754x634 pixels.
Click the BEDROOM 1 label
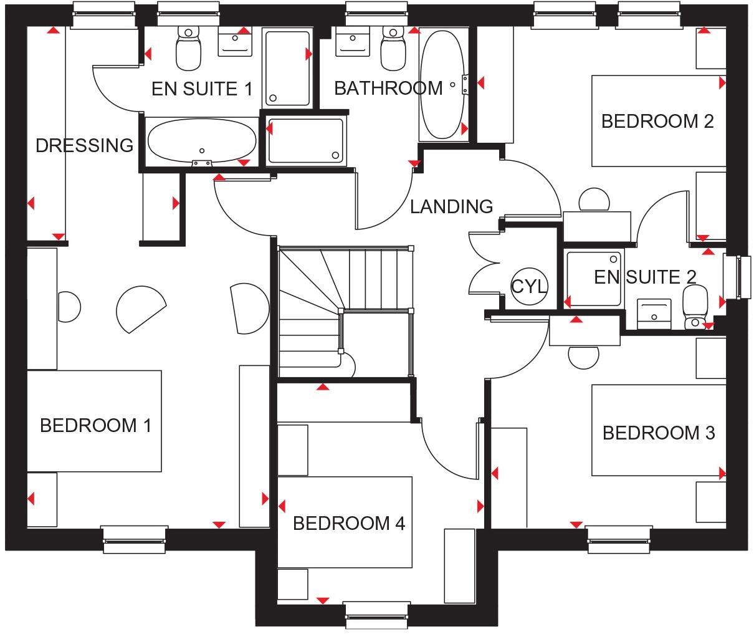click(x=95, y=426)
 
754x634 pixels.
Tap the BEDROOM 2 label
click(x=657, y=121)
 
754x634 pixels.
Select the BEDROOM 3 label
click(x=659, y=433)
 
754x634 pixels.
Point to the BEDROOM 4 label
click(x=349, y=523)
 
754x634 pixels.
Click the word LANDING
click(x=452, y=206)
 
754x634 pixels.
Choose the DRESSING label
click(x=84, y=146)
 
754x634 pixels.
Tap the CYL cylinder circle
click(x=529, y=286)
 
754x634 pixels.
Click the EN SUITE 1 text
click(x=202, y=89)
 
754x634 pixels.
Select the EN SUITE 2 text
click(x=645, y=277)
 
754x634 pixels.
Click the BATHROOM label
click(x=388, y=89)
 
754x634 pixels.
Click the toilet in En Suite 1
click(x=188, y=49)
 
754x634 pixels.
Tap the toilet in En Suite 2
click(x=694, y=307)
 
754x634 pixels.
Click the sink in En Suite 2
click(x=654, y=312)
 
